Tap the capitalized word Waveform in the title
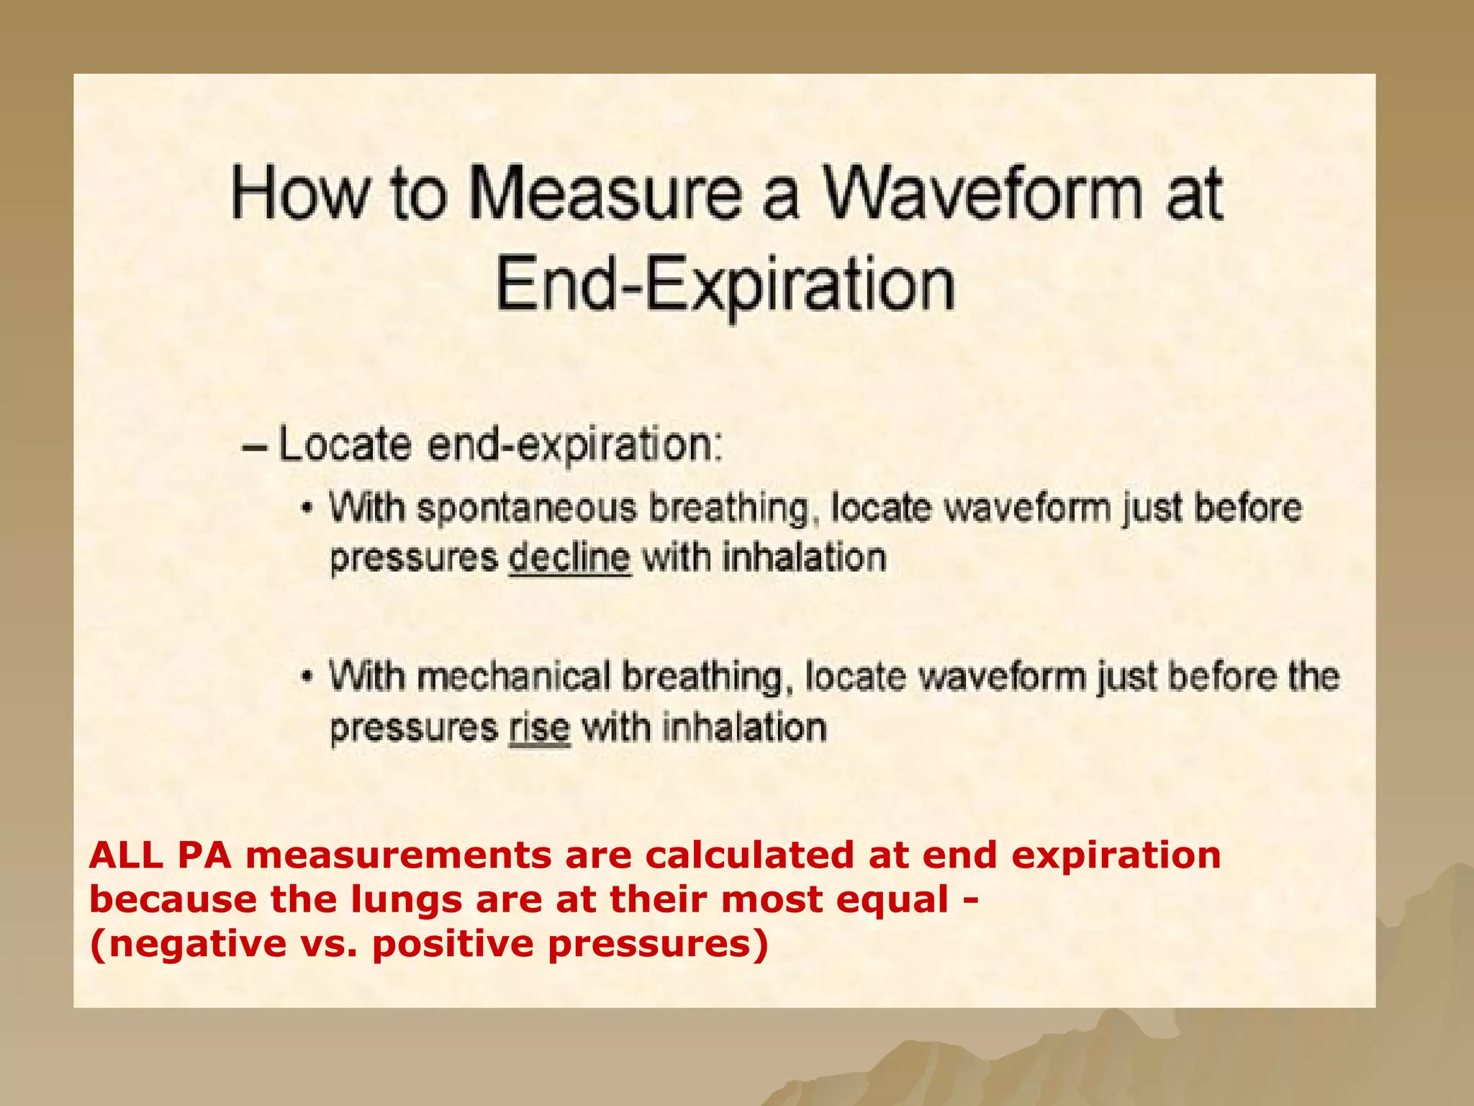(982, 193)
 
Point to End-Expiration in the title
(725, 284)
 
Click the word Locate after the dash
(344, 444)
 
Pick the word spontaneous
(527, 508)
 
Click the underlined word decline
(569, 559)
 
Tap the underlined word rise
(540, 728)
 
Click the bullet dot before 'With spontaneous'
(308, 508)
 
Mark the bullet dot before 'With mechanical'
(308, 678)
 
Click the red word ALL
(125, 855)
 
